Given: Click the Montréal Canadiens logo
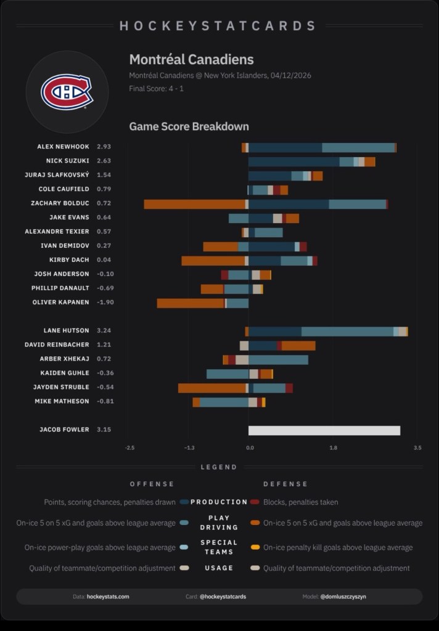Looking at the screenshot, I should pos(67,92).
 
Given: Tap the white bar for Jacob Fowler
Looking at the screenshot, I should pos(324,430).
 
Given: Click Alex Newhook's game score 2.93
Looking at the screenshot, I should pos(104,147).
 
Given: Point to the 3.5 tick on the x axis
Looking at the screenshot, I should pos(417,448).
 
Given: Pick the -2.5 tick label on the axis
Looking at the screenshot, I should pos(129,448).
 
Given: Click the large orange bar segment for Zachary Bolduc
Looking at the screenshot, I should pos(194,204).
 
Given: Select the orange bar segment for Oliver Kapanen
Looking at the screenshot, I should pos(191,303).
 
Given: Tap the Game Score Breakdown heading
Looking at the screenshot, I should pos(189,126).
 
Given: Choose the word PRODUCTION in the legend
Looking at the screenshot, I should pos(219,502).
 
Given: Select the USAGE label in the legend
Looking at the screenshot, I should pos(219,568).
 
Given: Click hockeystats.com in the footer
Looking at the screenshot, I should pos(108,596).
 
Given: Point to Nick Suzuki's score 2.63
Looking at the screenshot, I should pos(104,161).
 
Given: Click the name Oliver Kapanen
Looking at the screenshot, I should pos(60,303).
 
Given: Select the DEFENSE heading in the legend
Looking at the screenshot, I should pos(285,484).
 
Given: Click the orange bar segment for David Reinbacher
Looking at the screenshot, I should pos(298,346).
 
